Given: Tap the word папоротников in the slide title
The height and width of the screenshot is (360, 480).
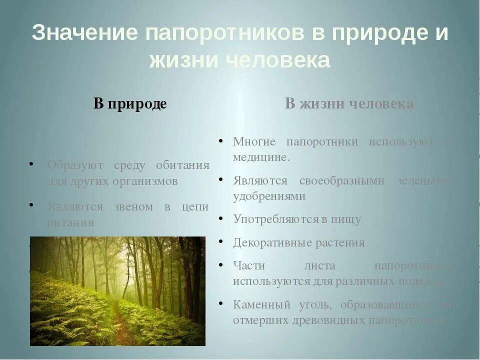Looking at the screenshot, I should point(225,33).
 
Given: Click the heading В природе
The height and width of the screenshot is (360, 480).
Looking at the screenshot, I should point(130,104).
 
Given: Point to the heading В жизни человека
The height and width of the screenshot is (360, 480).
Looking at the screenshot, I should point(349,104).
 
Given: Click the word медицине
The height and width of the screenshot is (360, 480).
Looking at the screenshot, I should point(261,156).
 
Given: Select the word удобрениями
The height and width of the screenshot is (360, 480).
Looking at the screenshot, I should point(269,196).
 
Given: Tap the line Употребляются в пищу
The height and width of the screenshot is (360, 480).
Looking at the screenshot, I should point(296,219).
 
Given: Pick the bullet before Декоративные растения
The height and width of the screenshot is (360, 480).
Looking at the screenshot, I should point(220,241).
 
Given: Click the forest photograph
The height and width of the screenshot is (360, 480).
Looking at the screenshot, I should point(117,291).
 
